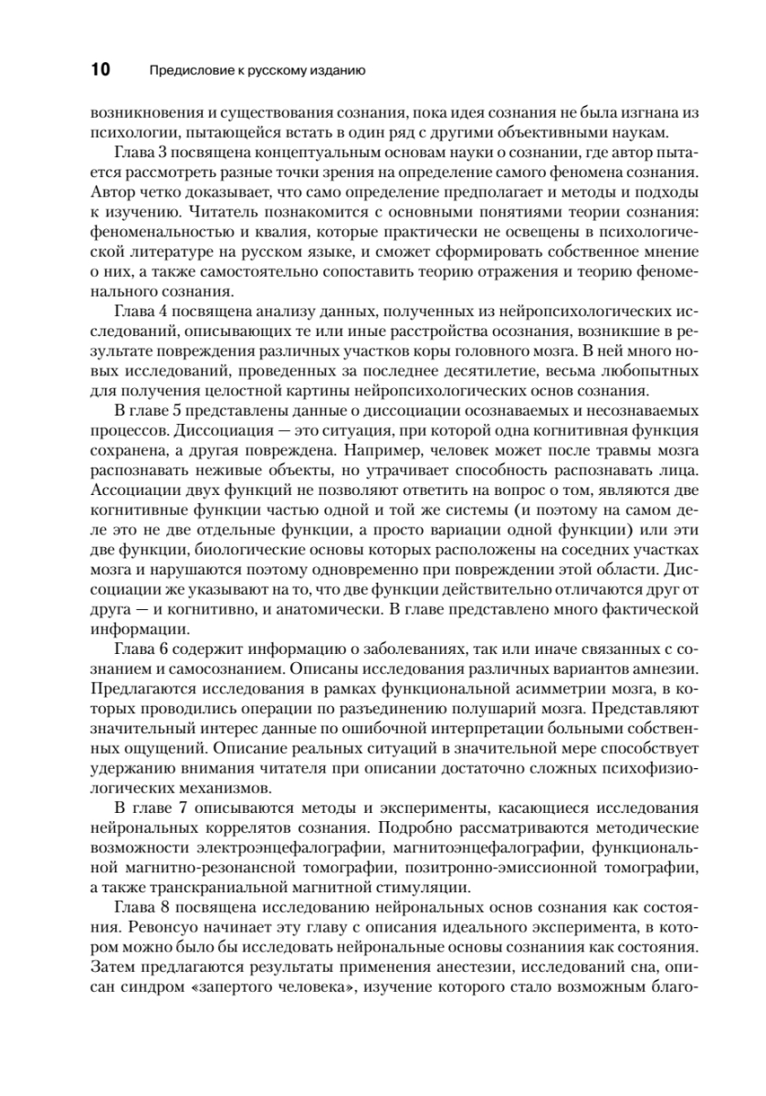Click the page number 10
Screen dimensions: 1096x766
pos(100,69)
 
